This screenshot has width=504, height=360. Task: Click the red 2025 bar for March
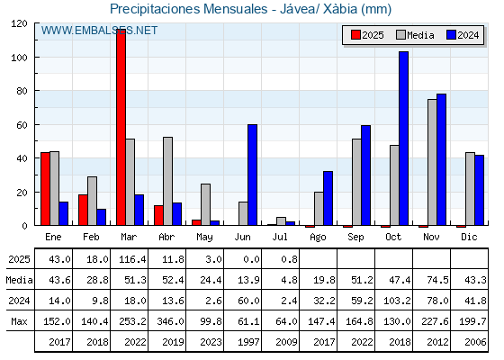coord(121,127)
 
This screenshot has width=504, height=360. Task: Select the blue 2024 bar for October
coord(404,139)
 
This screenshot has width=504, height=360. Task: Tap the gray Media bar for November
coord(432,162)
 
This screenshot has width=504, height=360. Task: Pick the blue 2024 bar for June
coord(252,175)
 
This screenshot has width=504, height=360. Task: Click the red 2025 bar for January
coord(45,189)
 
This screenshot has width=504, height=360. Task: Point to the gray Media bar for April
coord(167,181)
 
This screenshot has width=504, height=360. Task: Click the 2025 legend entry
coord(367,35)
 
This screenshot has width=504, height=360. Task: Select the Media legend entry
coord(415,35)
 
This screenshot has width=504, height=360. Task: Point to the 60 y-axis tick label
coord(22,125)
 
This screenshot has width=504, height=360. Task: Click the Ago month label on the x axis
coord(318,238)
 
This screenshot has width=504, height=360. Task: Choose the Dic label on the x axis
coord(469,237)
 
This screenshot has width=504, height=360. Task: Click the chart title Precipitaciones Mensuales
coord(189,9)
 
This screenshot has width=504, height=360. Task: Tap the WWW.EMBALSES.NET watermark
coord(99,31)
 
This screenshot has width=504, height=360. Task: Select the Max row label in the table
coord(19,321)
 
